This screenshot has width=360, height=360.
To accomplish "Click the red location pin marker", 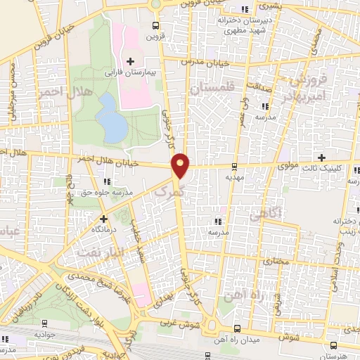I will coord(181,165).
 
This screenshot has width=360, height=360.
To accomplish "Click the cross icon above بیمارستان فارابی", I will coord(130,60).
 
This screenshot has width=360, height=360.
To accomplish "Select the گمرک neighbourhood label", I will coord(172,191).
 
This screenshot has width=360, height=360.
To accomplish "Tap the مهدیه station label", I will coord(234,179).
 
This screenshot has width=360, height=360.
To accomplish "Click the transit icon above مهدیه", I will coord(234,167).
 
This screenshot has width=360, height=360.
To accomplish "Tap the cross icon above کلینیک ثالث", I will coord(322,157).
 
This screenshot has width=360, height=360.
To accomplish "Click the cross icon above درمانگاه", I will coord(104,219).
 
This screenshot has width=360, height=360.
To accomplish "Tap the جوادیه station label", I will coord(45,335).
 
